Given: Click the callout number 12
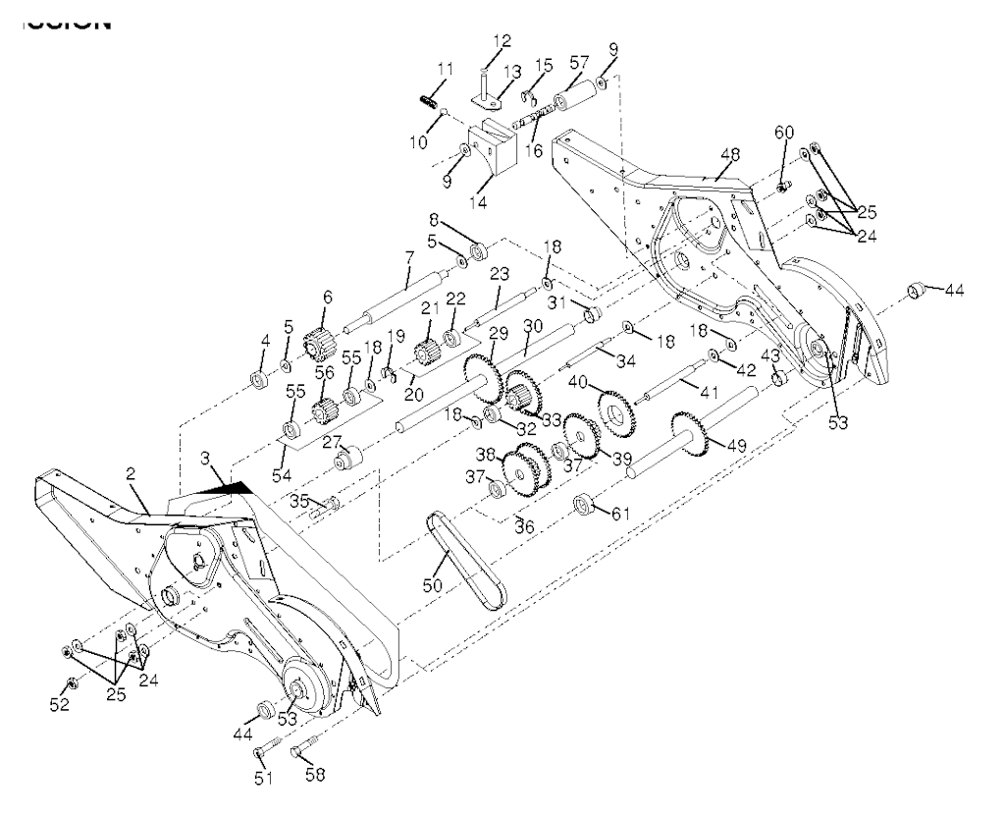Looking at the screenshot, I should point(502,41).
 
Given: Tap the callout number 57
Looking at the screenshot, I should point(580,62).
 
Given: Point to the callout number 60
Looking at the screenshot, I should point(783,132).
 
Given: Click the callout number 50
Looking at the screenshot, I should point(432,585).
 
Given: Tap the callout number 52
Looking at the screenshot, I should point(62,705).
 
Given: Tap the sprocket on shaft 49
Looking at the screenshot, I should point(691,436).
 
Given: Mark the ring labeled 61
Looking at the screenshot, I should point(585,507).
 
